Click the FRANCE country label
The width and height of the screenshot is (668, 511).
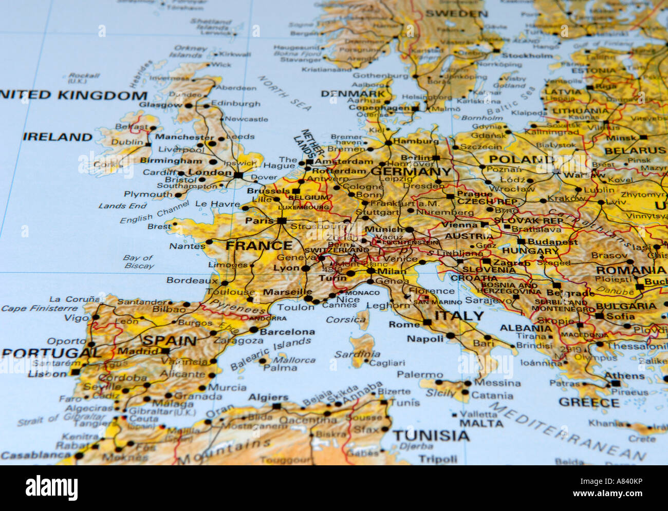pyautogui.click(x=258, y=245)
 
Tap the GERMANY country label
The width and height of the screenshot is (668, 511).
pyautogui.click(x=411, y=172)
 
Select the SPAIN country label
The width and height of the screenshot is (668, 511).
pyautogui.click(x=170, y=340)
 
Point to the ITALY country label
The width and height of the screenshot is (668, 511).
pyautogui.click(x=459, y=316)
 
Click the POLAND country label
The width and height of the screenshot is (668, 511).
pyautogui.click(x=521, y=159)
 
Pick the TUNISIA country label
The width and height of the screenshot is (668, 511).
pyautogui.click(x=431, y=436)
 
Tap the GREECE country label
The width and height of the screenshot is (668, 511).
pyautogui.click(x=589, y=402)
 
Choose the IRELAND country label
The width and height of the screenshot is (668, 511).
pyautogui.click(x=58, y=137)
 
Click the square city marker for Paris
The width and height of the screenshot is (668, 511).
pyautogui.click(x=282, y=221)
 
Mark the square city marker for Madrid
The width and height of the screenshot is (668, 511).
pyautogui.click(x=165, y=351)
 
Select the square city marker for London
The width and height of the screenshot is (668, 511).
pyautogui.click(x=238, y=175)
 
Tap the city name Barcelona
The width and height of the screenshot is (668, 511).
pyautogui.click(x=287, y=332)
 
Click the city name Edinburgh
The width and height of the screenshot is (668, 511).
pyautogui.click(x=236, y=103)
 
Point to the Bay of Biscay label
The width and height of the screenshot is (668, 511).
pyautogui.click(x=138, y=261)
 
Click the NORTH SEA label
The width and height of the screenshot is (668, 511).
pyautogui.click(x=284, y=92)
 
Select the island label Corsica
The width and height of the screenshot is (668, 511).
pyautogui.click(x=345, y=319)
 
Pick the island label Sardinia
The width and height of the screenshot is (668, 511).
pyautogui.click(x=357, y=354)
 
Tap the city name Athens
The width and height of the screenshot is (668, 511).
pyautogui.click(x=624, y=375)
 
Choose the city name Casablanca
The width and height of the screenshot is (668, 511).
pyautogui.click(x=35, y=455)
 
